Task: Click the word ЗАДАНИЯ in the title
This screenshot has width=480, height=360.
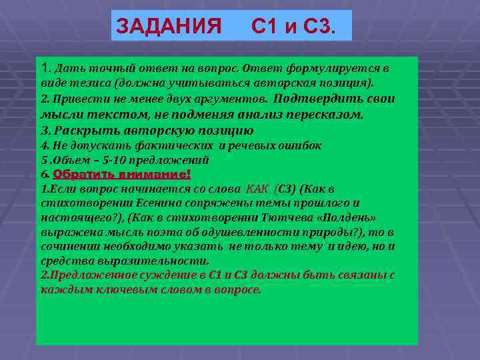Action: point(169,26)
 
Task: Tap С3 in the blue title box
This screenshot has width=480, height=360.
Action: point(319,26)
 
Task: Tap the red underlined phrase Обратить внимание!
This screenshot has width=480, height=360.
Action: point(121,174)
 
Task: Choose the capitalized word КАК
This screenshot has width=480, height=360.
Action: point(257,189)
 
